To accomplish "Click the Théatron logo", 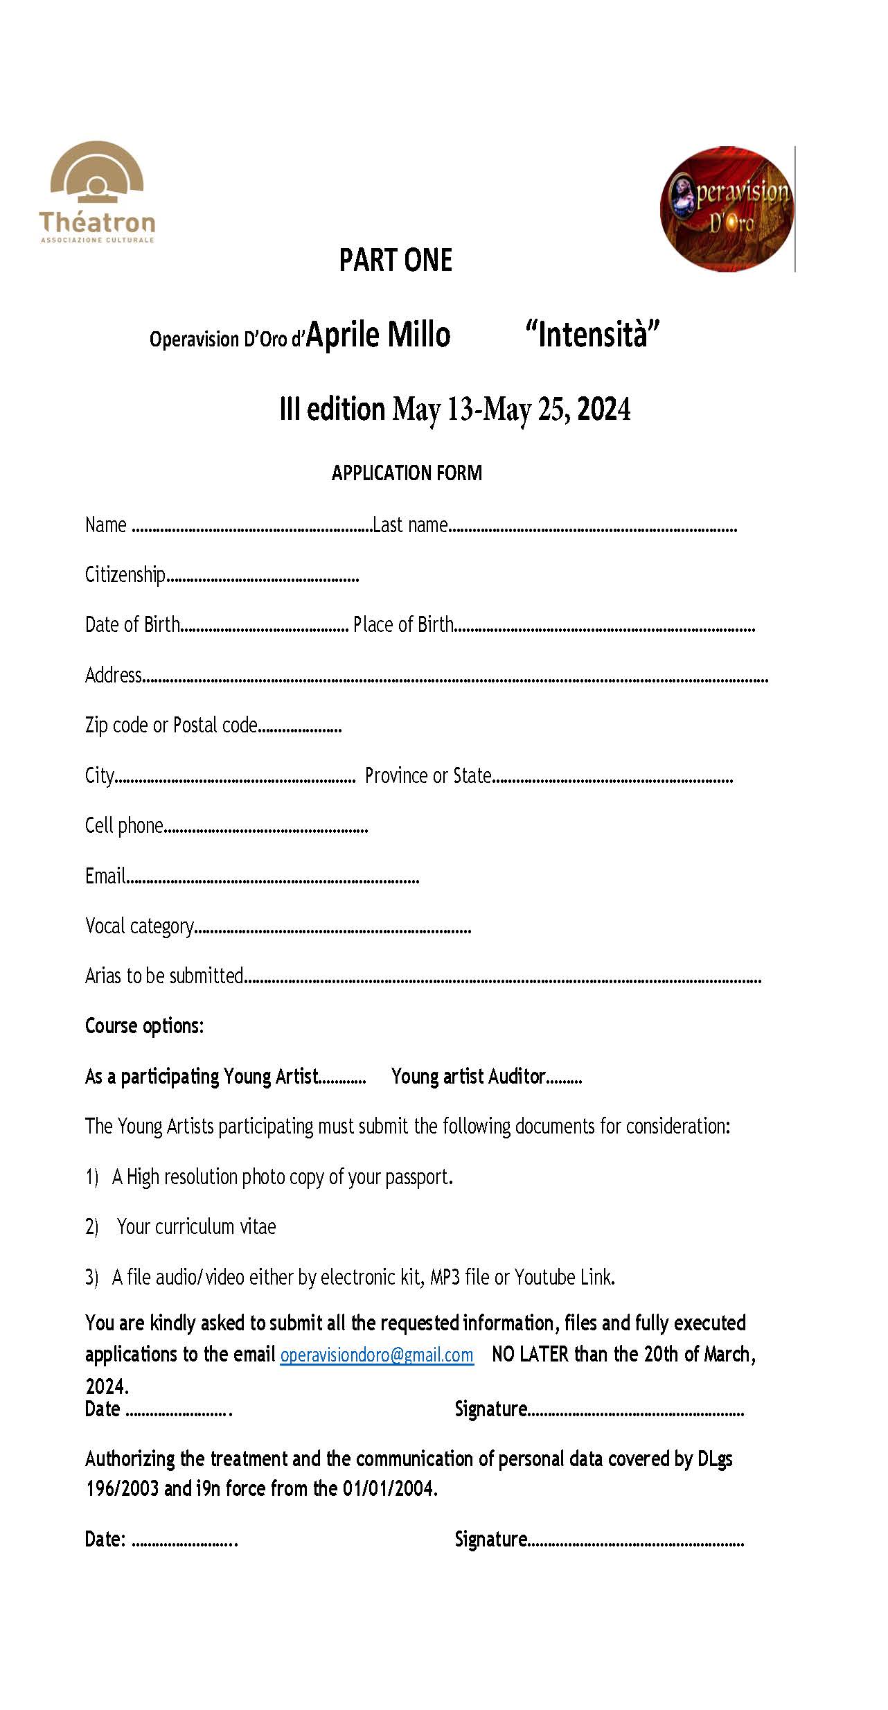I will point(97,192).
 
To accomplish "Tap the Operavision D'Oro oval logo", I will point(727,209).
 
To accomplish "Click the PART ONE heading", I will point(396,261).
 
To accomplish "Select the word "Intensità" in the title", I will point(592,335).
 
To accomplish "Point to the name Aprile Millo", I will point(378,335).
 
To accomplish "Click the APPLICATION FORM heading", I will point(407,473).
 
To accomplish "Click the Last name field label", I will point(410,525).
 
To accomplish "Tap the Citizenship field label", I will point(125,575).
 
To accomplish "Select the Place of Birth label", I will point(403,625).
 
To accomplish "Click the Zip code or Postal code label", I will point(171,725).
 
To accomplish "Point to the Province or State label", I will point(428,775).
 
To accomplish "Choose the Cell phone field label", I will point(124,826).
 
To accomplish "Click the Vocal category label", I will point(139,926).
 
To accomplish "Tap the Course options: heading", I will point(144,1026).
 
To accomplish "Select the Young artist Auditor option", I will point(468,1077).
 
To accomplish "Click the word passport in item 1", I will point(418,1177).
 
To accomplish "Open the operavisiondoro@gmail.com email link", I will point(377,1355).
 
